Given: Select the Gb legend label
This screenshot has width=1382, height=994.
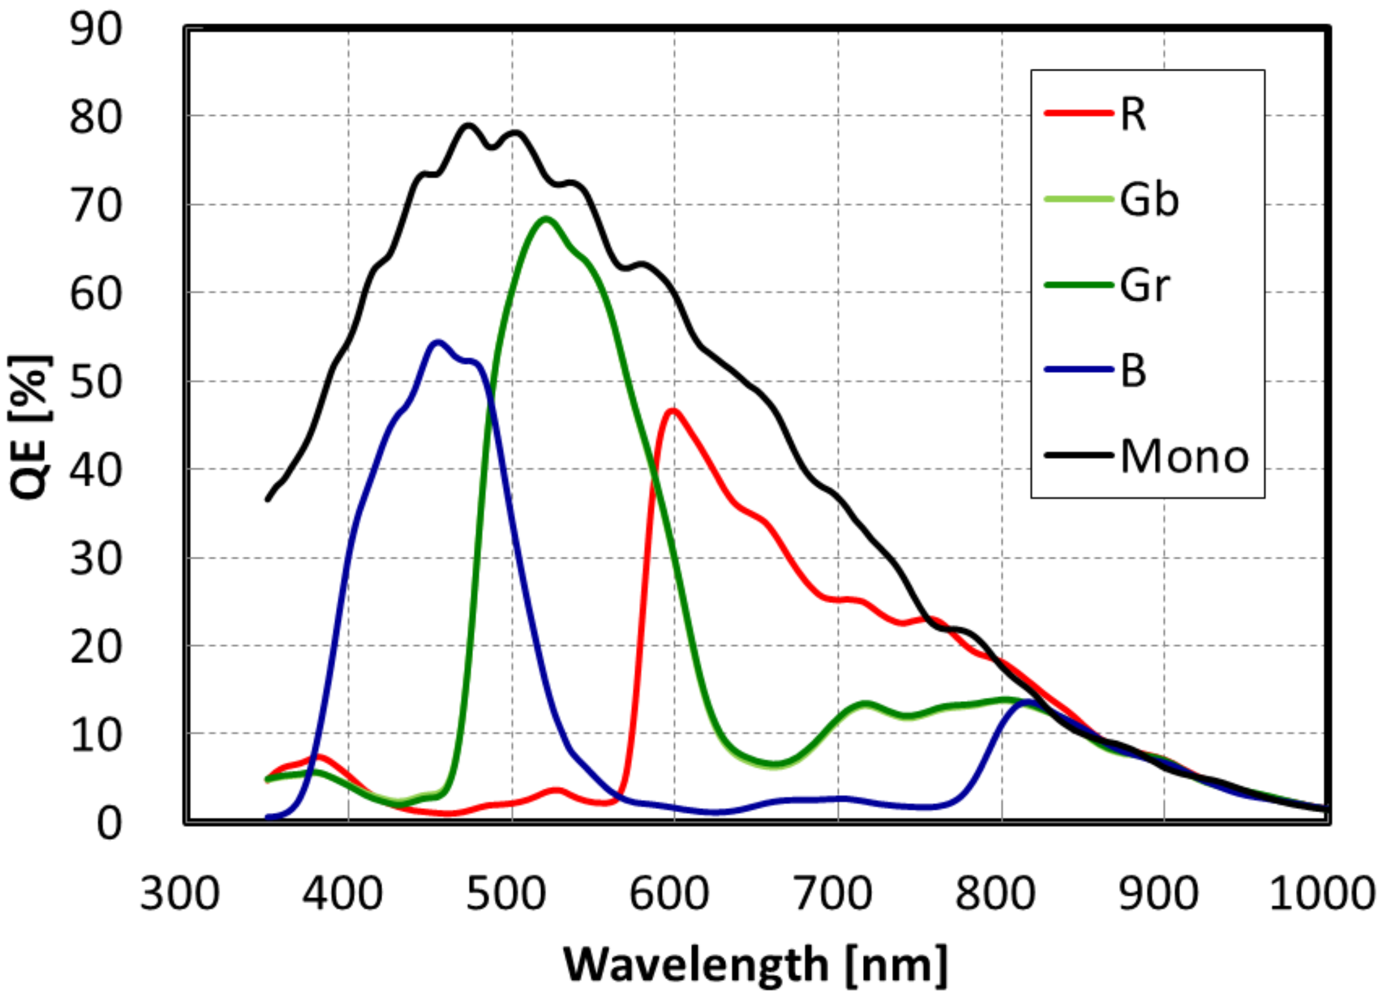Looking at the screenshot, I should pos(1149,199).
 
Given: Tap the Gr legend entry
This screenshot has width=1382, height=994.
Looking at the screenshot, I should pos(1144,285).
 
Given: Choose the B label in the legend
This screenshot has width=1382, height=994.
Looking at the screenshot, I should pos(1133,371).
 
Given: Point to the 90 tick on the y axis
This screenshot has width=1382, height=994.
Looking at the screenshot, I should pos(96,29).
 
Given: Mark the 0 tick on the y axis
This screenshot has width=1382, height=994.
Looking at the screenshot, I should pos(108,824).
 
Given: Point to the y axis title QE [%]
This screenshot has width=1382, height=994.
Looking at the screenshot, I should pos(31,427).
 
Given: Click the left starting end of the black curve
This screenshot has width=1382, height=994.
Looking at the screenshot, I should pos(267,500).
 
